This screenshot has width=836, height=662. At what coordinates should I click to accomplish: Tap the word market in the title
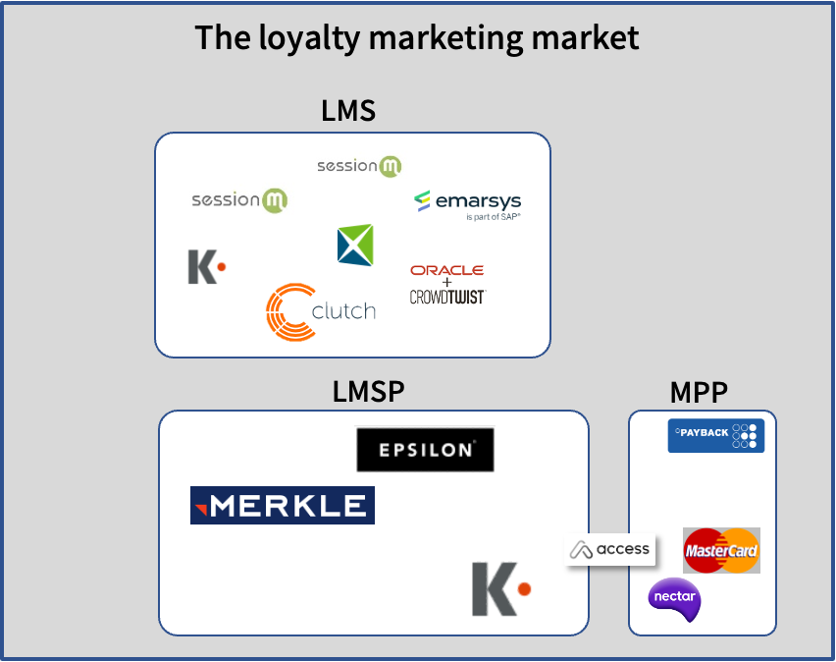coord(586,37)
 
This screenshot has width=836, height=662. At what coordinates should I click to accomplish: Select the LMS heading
coord(348,111)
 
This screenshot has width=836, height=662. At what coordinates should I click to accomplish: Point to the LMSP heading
coord(368,392)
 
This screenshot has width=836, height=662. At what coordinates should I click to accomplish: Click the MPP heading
coord(699,393)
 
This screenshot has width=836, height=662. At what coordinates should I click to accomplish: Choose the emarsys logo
coord(467,201)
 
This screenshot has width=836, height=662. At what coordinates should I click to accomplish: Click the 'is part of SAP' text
coord(494,217)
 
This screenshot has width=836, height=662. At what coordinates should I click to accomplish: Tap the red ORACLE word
coord(446,270)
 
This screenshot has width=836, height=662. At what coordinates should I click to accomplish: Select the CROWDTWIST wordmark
coord(447,297)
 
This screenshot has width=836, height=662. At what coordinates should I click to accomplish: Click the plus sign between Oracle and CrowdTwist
coord(447,283)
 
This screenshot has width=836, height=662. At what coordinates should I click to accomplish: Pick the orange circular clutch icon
coord(290,312)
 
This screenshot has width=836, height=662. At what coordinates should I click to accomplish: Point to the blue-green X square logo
coord(355,245)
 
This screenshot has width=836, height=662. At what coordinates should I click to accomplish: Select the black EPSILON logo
coord(425,450)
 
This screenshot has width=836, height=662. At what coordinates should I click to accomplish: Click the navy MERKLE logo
coord(283,505)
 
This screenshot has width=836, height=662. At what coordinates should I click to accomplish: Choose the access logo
coord(611,550)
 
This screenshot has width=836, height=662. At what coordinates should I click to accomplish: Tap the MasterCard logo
coord(721,550)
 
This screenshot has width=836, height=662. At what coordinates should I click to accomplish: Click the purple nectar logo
coord(674,598)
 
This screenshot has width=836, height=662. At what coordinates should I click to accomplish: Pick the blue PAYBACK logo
coord(715,435)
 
